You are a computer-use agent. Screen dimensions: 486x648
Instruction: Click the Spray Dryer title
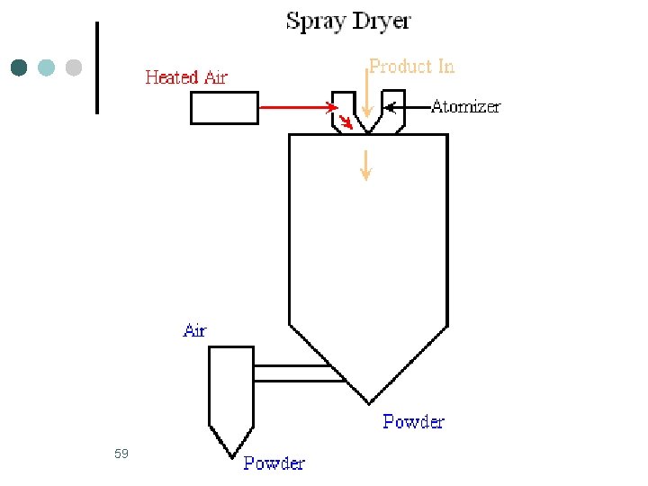(348, 21)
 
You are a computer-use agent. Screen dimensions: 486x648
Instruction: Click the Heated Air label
(186, 77)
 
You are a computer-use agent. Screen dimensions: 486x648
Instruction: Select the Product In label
(411, 67)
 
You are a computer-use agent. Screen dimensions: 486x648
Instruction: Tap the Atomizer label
(465, 107)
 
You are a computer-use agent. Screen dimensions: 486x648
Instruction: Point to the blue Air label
(194, 330)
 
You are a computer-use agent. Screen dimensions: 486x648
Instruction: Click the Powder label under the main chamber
(413, 421)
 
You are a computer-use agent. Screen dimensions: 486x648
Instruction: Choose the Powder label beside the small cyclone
(274, 463)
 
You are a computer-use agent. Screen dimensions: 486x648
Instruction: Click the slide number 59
(121, 454)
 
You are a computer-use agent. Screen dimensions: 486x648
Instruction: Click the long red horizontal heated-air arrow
(297, 108)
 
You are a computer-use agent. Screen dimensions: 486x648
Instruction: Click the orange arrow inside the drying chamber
(364, 165)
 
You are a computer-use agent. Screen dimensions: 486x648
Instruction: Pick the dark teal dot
(19, 67)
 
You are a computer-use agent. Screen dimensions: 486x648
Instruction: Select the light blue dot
(47, 67)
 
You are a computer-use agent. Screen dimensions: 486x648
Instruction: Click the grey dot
(74, 67)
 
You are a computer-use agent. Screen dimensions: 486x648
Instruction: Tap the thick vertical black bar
(96, 67)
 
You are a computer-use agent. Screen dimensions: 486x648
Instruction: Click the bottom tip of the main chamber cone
(369, 402)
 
